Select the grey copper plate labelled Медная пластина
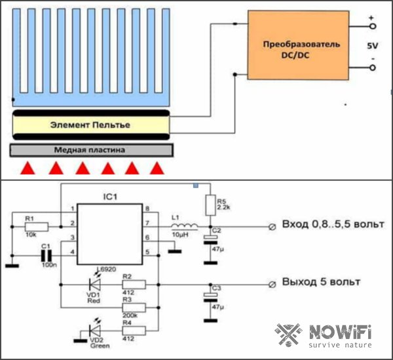[92, 150]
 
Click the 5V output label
[372, 47]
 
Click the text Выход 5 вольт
[321, 283]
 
